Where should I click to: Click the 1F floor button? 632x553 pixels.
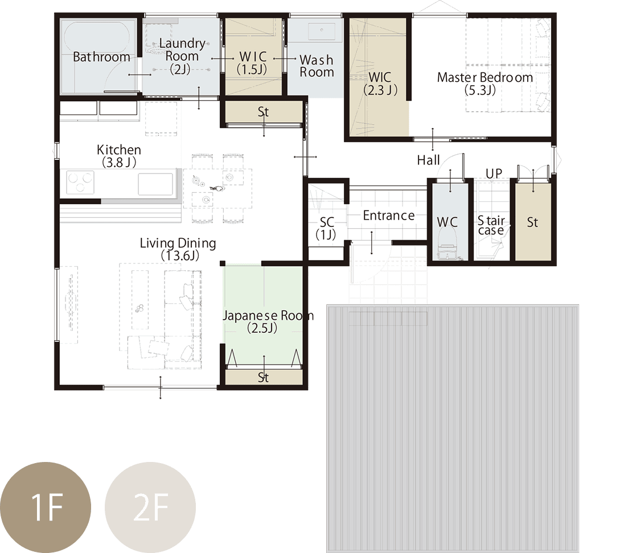click(45, 507)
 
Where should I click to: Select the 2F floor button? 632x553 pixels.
click(150, 507)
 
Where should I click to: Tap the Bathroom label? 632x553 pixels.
click(101, 57)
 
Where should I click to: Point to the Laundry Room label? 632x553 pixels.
click(182, 56)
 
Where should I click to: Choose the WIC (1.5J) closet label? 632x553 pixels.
click(252, 63)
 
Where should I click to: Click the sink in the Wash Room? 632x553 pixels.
click(321, 31)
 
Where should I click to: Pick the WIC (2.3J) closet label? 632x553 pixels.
click(380, 84)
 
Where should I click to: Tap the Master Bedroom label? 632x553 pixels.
click(485, 84)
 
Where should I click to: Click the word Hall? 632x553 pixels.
click(429, 160)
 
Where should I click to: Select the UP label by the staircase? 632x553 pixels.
click(494, 174)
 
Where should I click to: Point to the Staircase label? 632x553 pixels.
click(491, 225)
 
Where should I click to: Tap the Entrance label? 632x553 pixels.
click(389, 216)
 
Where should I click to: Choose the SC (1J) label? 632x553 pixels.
click(326, 228)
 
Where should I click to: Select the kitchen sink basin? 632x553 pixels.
click(155, 184)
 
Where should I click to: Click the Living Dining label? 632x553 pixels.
click(178, 249)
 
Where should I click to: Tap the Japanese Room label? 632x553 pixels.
click(268, 321)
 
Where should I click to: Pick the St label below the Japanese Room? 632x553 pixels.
click(263, 377)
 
